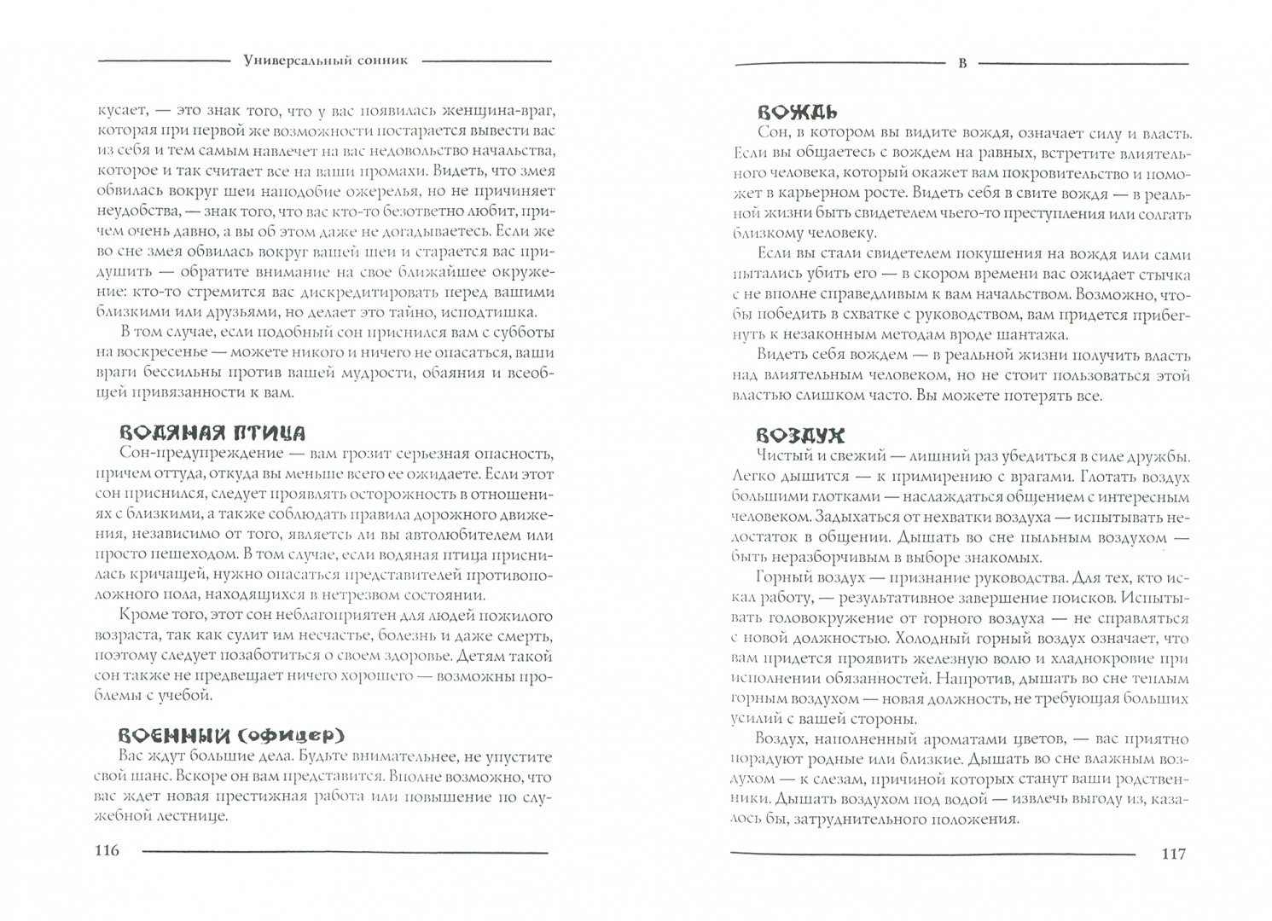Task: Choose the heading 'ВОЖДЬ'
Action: click(x=797, y=112)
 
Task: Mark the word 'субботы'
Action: click(x=520, y=331)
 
